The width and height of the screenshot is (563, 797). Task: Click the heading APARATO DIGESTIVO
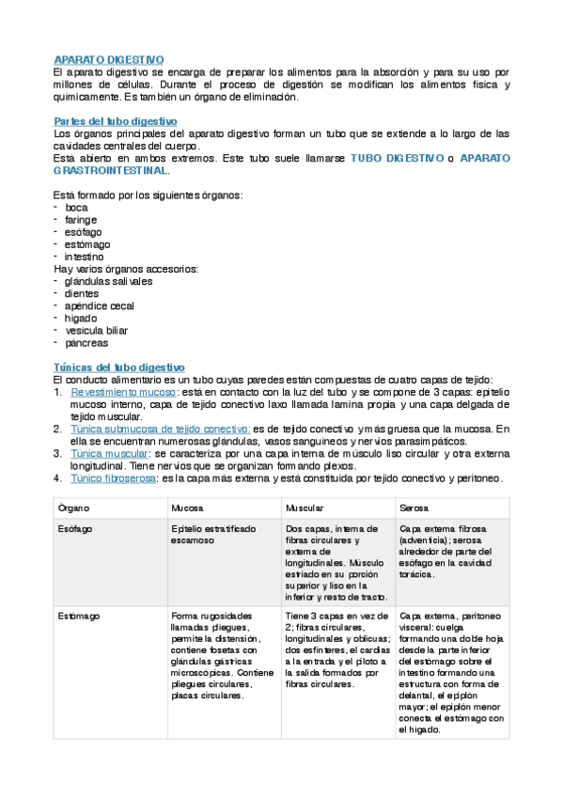point(109,60)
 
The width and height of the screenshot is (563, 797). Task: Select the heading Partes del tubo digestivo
point(115,122)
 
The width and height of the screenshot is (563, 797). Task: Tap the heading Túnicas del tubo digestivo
point(119,367)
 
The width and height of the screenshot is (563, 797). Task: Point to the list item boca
point(77,208)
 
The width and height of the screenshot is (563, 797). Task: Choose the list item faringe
point(82,220)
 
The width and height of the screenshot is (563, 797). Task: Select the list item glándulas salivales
point(109,281)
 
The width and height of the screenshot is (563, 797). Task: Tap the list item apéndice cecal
point(100,305)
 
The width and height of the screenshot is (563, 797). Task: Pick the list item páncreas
point(87,342)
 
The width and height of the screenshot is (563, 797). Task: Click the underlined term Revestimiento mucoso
point(123,392)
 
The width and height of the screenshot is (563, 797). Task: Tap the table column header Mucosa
point(186,508)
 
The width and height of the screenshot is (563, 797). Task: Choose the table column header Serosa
point(414,508)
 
